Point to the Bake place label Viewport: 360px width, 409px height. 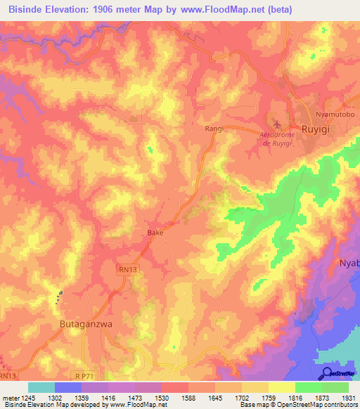[x=155, y=233]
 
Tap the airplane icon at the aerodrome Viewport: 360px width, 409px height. [x=277, y=124]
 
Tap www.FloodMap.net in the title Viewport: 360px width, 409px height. [x=222, y=10]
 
